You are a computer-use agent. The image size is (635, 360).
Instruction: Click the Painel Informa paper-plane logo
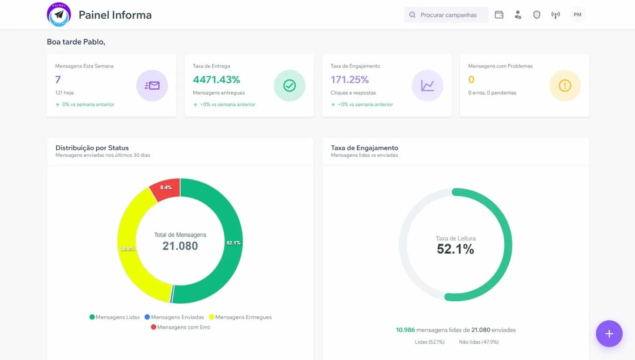point(59,14)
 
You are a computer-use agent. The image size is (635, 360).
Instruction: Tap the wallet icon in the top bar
point(499,15)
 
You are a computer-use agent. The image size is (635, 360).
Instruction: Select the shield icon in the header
point(536,15)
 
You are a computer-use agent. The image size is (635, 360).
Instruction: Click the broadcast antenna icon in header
point(555,15)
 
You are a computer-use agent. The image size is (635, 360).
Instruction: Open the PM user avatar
point(577,15)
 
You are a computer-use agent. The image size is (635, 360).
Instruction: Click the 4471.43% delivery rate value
point(216,79)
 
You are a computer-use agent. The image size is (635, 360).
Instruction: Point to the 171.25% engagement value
point(349,79)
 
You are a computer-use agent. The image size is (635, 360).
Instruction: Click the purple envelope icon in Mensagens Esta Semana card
point(152,86)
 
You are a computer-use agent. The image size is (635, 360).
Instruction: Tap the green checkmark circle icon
point(289,86)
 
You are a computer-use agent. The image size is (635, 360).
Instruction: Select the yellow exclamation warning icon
point(565,86)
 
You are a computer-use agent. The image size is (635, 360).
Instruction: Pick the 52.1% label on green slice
point(233,243)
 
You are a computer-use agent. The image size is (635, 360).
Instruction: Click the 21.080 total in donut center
point(180,246)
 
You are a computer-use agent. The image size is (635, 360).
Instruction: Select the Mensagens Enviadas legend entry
point(174,317)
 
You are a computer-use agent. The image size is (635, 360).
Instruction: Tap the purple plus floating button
point(609,334)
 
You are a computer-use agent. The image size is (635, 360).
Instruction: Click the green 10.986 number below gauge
point(405,330)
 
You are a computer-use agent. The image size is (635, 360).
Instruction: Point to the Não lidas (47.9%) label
point(478,342)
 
